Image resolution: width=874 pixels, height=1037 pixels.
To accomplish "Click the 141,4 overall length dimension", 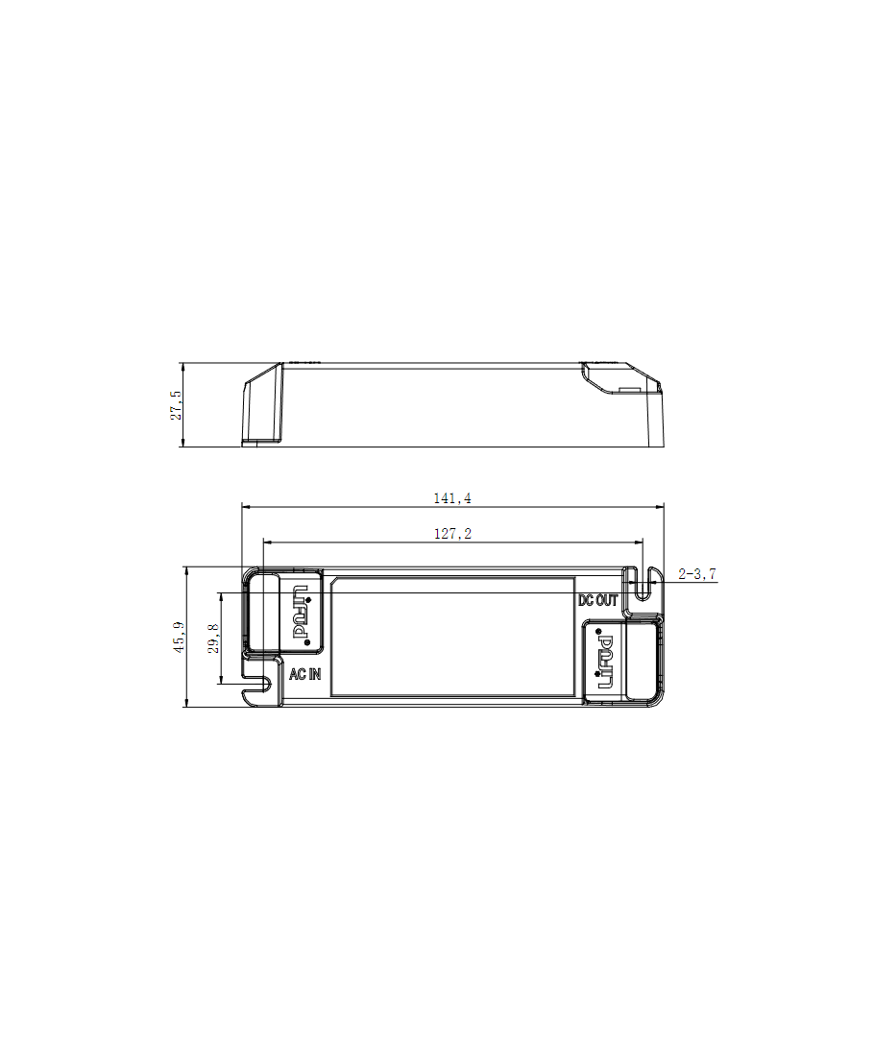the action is coord(452,498).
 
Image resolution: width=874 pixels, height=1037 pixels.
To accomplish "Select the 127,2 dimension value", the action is coord(452,534).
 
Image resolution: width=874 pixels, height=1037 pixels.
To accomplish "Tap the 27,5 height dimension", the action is coord(176,405).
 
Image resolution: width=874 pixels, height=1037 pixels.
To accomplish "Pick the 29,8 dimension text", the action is coord(214,639).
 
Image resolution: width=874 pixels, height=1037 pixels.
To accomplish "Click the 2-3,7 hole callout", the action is coord(696,574).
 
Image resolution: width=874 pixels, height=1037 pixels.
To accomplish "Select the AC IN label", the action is coord(305,674).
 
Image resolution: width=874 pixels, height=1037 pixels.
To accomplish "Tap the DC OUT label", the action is coord(598,600).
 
